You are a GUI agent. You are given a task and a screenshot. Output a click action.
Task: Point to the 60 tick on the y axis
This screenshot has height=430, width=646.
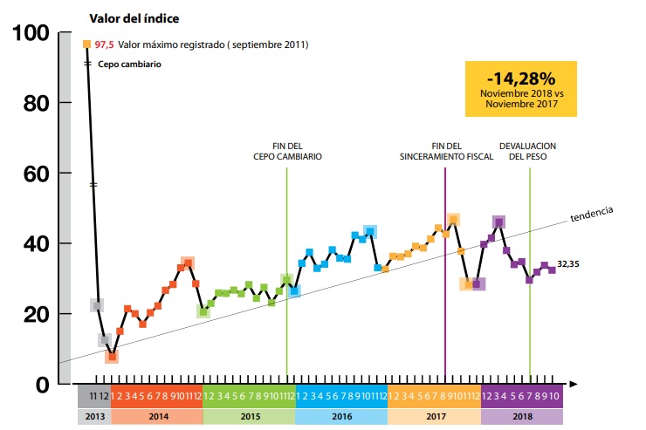point(33,174)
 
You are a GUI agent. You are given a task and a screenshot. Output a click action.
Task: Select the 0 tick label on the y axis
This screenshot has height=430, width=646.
point(42,384)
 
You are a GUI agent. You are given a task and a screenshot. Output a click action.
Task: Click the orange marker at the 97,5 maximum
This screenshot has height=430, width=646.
point(86,44)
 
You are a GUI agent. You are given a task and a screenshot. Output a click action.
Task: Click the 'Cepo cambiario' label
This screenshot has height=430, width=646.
point(129,64)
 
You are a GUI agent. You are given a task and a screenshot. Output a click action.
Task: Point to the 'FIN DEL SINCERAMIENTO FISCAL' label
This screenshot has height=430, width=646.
point(446,151)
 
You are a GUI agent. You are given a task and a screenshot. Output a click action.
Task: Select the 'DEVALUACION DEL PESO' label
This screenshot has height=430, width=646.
point(528,151)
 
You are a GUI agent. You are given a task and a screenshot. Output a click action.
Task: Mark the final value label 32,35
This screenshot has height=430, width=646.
point(569,263)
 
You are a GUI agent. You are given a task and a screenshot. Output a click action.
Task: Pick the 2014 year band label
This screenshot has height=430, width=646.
point(157,416)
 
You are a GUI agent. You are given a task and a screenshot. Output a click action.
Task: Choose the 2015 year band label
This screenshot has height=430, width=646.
point(249,416)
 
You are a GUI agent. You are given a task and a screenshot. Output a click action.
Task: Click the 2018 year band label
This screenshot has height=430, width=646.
point(522,416)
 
